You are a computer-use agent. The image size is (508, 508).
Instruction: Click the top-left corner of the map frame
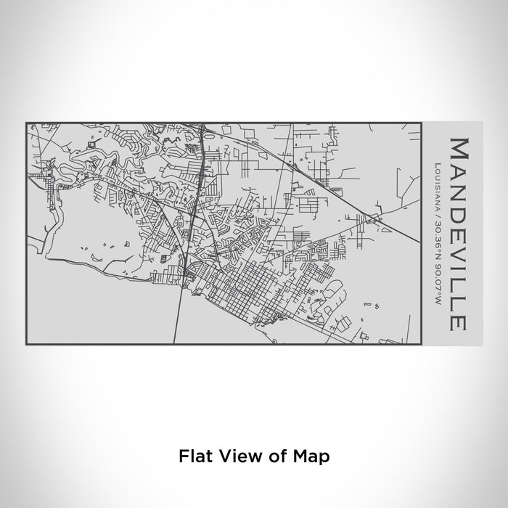pyautogui.click(x=27, y=123)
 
